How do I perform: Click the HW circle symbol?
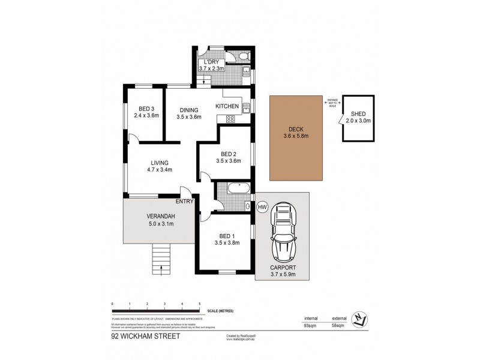(262, 207)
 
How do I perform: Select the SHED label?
(358, 113)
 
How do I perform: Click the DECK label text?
(296, 128)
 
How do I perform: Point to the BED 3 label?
(146, 108)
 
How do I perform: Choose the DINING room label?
(188, 109)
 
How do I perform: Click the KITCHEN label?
(227, 107)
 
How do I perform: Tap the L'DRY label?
(211, 62)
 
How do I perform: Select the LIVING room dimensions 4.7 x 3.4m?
(159, 170)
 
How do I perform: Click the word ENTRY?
(185, 202)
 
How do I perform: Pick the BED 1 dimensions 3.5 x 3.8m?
(227, 243)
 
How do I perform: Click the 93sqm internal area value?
(311, 326)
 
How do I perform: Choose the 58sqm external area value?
(338, 326)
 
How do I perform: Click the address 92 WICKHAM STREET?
(145, 337)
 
